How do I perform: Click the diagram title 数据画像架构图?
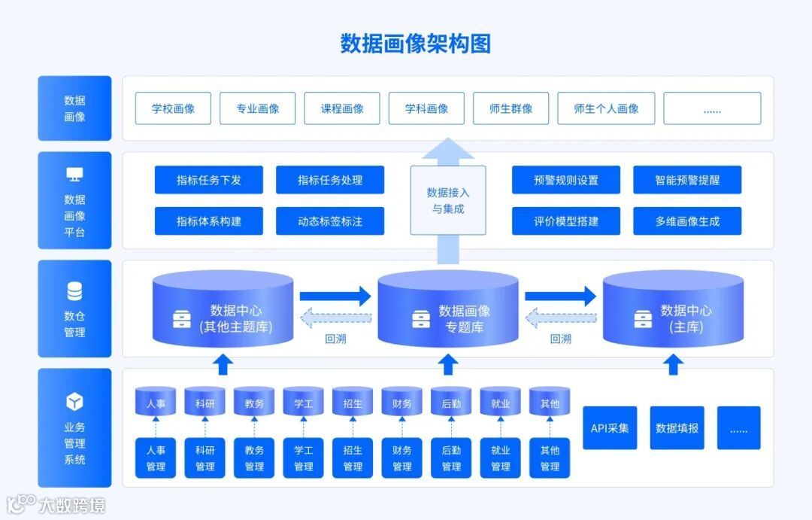[x=415, y=44]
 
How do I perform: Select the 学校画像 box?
[x=173, y=108]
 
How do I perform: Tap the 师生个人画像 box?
[x=606, y=108]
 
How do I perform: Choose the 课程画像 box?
[x=342, y=108]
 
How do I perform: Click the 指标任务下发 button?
[x=209, y=180]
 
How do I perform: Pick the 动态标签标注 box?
[x=330, y=221]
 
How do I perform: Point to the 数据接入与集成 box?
[x=448, y=200]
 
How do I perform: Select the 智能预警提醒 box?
[x=687, y=180]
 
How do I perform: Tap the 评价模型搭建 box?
[x=566, y=221]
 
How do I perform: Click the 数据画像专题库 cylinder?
[x=448, y=310]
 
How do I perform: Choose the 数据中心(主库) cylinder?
[x=674, y=310]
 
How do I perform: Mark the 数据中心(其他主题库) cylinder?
[x=223, y=310]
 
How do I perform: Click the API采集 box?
[x=610, y=428]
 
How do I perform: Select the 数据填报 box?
[x=677, y=428]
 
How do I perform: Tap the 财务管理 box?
[x=402, y=458]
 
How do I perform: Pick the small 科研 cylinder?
[x=205, y=402]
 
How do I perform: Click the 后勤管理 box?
[x=451, y=458]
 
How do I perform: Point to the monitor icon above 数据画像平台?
[x=74, y=175]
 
